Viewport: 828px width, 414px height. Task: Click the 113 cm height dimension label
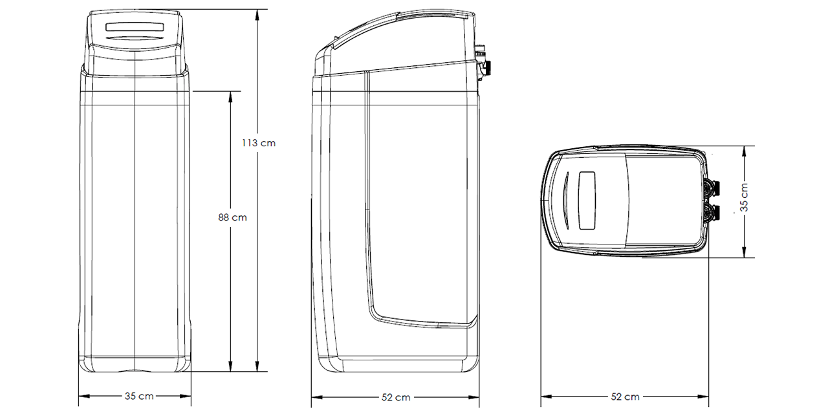[259, 143]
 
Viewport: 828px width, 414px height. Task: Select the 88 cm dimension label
[232, 217]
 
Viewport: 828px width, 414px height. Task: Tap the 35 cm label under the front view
[139, 397]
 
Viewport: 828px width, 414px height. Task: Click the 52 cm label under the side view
[396, 397]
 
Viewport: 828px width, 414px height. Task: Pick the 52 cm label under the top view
[625, 397]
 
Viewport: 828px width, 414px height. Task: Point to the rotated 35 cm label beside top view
[744, 197]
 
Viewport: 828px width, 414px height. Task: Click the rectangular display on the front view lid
[135, 27]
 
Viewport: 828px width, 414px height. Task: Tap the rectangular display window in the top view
[587, 201]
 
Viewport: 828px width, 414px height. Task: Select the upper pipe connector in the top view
[712, 188]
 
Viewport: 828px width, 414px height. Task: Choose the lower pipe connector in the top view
[712, 213]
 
